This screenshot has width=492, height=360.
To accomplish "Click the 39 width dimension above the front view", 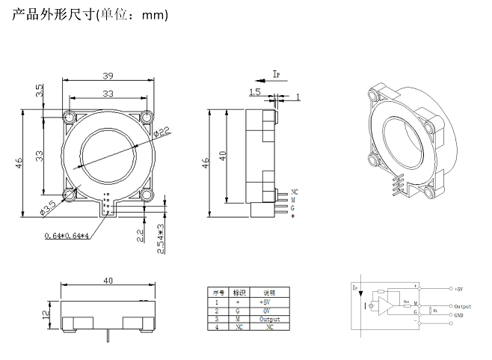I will [x=108, y=76].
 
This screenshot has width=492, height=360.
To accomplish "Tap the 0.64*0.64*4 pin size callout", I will [x=67, y=236].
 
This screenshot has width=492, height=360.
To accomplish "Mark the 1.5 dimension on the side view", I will [x=255, y=92].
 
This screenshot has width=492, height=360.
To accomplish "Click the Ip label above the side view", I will [x=276, y=73].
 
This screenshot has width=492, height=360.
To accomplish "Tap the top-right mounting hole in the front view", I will [x=146, y=117].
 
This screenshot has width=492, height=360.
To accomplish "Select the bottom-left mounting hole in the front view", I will [x=70, y=195].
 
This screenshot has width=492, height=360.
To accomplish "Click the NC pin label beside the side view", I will [x=294, y=193].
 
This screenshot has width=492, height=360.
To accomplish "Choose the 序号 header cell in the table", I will [x=218, y=293].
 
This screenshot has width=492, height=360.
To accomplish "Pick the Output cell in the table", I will [x=269, y=319].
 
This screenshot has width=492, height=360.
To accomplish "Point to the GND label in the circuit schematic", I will [x=461, y=315].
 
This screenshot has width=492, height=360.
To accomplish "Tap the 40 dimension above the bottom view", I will [x=108, y=281].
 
